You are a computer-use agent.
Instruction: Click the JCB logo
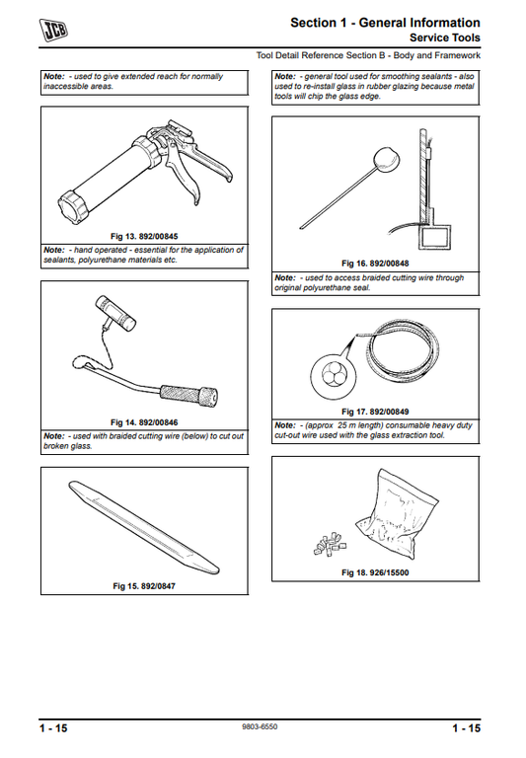[53, 30]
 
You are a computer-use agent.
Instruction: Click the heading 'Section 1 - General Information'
[385, 23]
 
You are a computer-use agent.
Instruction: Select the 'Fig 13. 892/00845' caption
[144, 237]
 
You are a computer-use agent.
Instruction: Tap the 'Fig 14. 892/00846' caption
[144, 422]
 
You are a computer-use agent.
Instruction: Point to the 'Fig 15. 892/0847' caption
[144, 586]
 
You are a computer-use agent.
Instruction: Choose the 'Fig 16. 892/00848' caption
[375, 264]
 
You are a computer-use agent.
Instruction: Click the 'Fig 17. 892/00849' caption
[375, 412]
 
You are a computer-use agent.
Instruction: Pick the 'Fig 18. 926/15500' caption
[375, 572]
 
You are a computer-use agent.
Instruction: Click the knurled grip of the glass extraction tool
[189, 396]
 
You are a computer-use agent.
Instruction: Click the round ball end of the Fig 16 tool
[386, 158]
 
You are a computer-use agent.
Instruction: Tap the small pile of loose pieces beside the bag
[331, 544]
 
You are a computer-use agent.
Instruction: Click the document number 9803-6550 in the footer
[260, 726]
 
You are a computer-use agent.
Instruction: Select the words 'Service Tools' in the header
[445, 38]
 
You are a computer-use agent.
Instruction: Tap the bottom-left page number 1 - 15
[53, 728]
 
